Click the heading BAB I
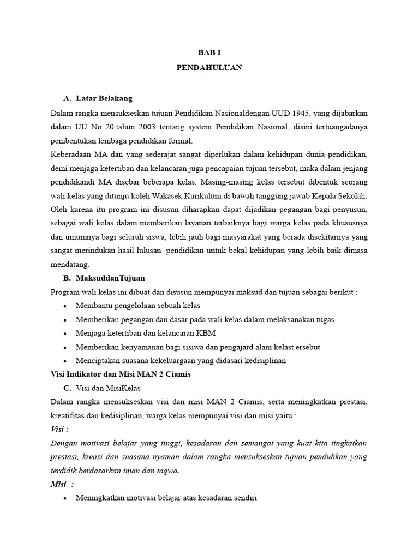pos(209,52)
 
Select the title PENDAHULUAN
pos(209,68)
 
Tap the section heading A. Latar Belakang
pos(98,98)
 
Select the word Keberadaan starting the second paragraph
pos(69,154)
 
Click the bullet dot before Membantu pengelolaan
pos(65,306)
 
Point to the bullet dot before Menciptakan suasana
pos(65,361)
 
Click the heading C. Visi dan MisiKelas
pos(103,388)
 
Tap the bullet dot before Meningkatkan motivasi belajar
pos(65,498)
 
